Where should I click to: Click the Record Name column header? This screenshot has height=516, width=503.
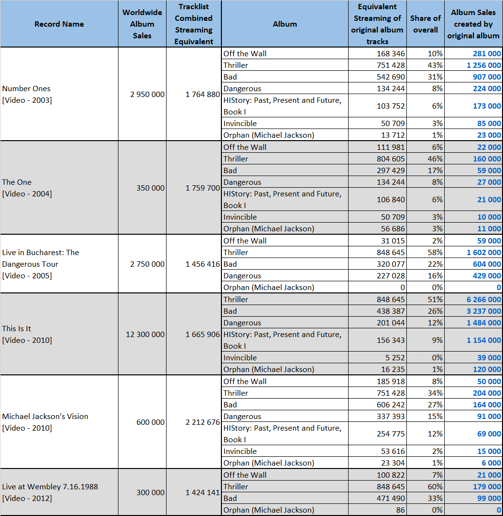[x=59, y=24]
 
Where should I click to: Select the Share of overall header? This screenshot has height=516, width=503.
[x=425, y=24]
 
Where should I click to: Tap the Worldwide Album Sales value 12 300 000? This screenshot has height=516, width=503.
[x=145, y=334]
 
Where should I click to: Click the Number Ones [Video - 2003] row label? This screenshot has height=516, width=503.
[x=27, y=94]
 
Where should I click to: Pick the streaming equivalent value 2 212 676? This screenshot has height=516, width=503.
[x=202, y=422]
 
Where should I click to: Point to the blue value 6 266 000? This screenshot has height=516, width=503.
[x=484, y=300]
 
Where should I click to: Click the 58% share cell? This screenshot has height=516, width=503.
[x=435, y=252]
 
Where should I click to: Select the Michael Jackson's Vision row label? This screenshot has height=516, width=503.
[x=45, y=422]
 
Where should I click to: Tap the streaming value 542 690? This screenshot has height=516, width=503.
[x=391, y=77]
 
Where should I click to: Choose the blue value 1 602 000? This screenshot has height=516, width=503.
[x=484, y=252]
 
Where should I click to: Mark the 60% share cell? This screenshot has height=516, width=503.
[x=435, y=487]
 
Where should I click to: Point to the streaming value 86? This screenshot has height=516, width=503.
[x=400, y=510]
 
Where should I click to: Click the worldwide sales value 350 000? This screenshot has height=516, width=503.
[x=150, y=188]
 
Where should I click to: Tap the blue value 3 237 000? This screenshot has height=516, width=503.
[x=484, y=311]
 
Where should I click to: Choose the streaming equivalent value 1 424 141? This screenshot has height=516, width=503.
[x=202, y=492]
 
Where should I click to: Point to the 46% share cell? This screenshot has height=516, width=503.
[x=435, y=159]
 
